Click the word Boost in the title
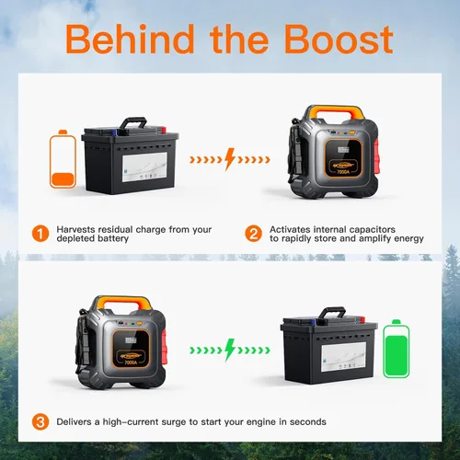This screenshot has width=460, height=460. (x=339, y=40)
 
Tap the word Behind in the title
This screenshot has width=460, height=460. (x=130, y=39)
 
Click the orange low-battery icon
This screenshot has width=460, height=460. (x=63, y=159)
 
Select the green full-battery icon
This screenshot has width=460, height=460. (x=397, y=349)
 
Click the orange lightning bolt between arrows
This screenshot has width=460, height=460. (x=230, y=159)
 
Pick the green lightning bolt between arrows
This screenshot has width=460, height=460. (x=230, y=350)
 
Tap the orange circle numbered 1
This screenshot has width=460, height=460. (x=40, y=234)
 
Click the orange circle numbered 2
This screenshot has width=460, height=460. (x=253, y=234)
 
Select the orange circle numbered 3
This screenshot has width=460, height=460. (x=40, y=422)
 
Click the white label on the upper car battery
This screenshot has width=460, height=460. (x=144, y=167)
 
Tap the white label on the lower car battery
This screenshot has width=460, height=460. (x=343, y=357)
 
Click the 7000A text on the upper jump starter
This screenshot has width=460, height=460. (x=343, y=172)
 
